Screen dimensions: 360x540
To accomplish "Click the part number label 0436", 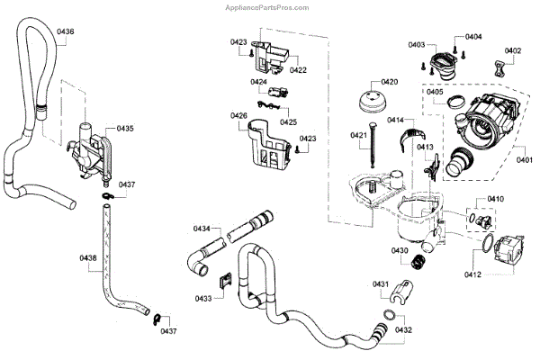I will pos(66,32).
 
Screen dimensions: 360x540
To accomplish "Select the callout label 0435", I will pos(124,130).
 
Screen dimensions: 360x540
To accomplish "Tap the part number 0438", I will pos(88,257).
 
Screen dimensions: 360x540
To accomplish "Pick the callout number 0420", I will pos(389,82).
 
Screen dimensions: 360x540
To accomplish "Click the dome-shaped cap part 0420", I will pos(373,100).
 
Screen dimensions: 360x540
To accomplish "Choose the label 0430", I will pos(400,250).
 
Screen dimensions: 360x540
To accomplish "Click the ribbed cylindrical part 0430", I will pos(417,264).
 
